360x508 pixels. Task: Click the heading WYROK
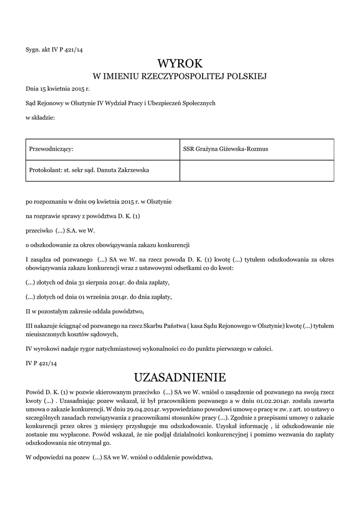pyautogui.click(x=180, y=63)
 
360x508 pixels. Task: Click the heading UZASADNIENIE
pyautogui.click(x=180, y=378)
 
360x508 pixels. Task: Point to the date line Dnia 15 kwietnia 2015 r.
pyautogui.click(x=58, y=89)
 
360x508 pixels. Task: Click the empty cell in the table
pyautogui.click(x=256, y=170)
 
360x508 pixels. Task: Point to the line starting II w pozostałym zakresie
pyautogui.click(x=84, y=311)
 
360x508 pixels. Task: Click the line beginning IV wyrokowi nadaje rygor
pyautogui.click(x=149, y=349)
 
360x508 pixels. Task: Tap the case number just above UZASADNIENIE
pyautogui.click(x=41, y=363)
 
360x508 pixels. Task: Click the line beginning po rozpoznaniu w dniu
pyautogui.click(x=99, y=202)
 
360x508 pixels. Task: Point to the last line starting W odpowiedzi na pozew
pyautogui.click(x=119, y=457)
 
